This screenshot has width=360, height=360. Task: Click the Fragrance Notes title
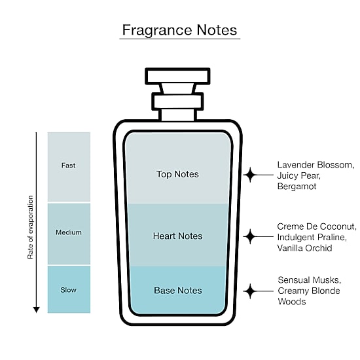click(x=179, y=30)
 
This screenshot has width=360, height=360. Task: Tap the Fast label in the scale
click(x=68, y=166)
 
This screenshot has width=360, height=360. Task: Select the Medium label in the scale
click(x=69, y=232)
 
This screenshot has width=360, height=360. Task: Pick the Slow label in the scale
click(x=69, y=290)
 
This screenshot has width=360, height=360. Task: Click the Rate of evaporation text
click(x=30, y=227)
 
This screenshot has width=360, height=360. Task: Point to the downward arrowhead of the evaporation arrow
click(x=36, y=310)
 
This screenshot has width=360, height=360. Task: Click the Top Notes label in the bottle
click(x=177, y=174)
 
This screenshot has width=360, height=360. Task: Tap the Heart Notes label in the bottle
click(x=177, y=236)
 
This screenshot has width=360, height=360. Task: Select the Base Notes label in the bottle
click(x=178, y=291)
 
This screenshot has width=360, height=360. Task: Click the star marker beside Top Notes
click(x=250, y=175)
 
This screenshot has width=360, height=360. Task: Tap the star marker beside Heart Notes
click(x=250, y=236)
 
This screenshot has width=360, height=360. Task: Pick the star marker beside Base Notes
click(x=250, y=291)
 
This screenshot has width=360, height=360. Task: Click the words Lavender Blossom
click(x=315, y=165)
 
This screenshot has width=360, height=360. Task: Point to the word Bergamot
click(x=297, y=186)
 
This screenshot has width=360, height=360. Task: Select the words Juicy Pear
click(x=298, y=175)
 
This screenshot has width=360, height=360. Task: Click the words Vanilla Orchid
click(x=304, y=248)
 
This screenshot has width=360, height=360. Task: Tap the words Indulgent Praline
click(x=312, y=238)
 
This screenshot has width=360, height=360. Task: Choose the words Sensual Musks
click(x=309, y=280)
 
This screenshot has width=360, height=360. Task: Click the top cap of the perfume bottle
click(x=177, y=76)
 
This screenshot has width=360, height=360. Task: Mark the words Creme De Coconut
click(x=317, y=226)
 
